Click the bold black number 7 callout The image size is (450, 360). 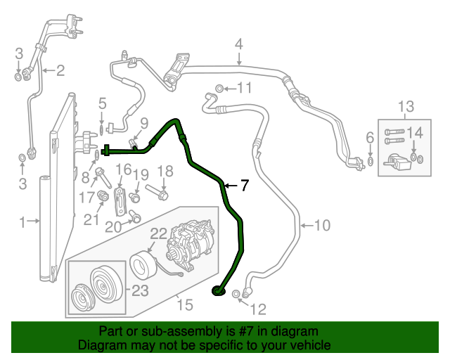click(x=244, y=185)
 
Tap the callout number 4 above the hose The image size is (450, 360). click(x=239, y=44)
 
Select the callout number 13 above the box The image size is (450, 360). click(x=406, y=106)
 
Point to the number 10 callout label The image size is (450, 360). click(x=322, y=226)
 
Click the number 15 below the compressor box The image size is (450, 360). click(x=185, y=304)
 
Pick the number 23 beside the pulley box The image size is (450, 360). click(x=140, y=291)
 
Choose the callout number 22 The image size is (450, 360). click(x=159, y=233)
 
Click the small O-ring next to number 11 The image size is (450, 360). click(x=219, y=89)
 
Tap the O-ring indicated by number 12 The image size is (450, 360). click(x=236, y=294)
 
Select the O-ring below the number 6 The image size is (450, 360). click(x=371, y=161)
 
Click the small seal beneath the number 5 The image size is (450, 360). click(x=102, y=129)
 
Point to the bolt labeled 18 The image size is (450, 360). click(x=157, y=193)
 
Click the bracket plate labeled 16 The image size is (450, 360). click(x=120, y=202)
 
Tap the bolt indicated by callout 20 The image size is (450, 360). click(x=134, y=216)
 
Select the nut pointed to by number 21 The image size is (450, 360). click(x=103, y=196)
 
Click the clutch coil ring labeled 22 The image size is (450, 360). click(x=143, y=264)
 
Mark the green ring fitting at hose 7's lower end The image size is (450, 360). click(x=218, y=291)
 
